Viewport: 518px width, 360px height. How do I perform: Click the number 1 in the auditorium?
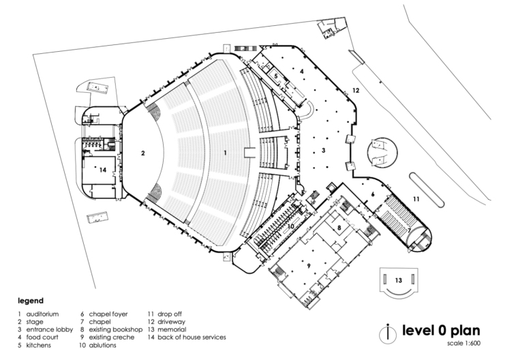coord(226,153)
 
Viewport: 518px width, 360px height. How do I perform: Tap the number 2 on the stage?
coord(142,153)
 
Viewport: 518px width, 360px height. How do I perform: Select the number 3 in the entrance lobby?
coord(324,151)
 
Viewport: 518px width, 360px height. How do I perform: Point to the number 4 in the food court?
coord(302,71)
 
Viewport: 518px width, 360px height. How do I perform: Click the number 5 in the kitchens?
coord(276,76)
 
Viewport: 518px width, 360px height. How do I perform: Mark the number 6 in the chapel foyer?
coord(373,194)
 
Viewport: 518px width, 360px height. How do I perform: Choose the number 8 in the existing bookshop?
coord(339,228)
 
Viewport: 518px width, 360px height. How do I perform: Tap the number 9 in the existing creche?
coord(309,266)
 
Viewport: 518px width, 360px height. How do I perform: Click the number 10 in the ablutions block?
coord(291,226)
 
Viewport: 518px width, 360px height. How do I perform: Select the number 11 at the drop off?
coord(416,199)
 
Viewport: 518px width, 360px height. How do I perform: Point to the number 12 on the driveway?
coord(356,90)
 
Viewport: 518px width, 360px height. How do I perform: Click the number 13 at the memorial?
coord(399,280)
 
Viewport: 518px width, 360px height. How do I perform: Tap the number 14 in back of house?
coord(103,170)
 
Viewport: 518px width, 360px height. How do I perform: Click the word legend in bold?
coord(31,301)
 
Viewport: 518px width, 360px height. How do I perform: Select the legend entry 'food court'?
coord(42,337)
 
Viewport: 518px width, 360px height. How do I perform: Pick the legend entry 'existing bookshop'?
coord(116,329)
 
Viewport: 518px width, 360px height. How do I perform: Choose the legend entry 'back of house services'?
coord(192,337)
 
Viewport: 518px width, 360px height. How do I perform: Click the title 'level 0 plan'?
coord(441,331)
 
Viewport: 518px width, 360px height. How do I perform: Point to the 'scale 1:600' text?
coord(464,343)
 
